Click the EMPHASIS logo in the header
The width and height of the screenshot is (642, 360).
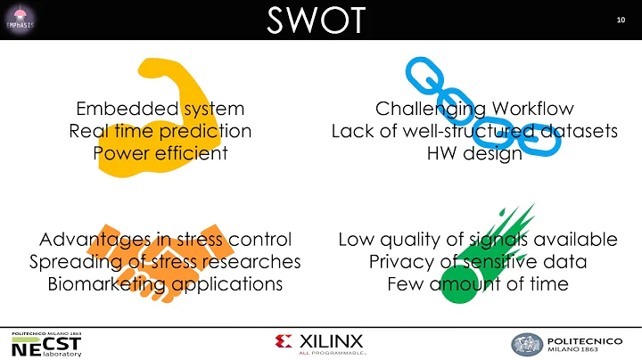pos(20,19)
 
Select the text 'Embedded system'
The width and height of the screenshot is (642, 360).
pos(160,109)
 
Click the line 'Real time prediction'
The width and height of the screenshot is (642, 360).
pos(160,131)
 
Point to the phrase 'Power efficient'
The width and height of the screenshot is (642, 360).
pos(160,152)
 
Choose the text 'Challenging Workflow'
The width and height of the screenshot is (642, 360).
pos(473,109)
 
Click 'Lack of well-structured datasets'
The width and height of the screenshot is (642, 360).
pos(473,131)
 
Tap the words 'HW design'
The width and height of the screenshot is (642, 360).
pos(473,152)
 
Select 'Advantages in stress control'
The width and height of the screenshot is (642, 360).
pos(165,240)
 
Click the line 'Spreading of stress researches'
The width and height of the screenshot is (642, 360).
pos(165,262)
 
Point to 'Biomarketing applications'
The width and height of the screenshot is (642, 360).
pos(165,283)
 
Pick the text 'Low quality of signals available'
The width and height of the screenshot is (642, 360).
pos(478,240)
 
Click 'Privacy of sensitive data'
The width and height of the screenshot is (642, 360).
pos(478,262)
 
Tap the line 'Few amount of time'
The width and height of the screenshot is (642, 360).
pos(478,283)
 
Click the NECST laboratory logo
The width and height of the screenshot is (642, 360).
pos(46,344)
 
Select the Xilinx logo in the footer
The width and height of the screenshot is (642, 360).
pos(321,343)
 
